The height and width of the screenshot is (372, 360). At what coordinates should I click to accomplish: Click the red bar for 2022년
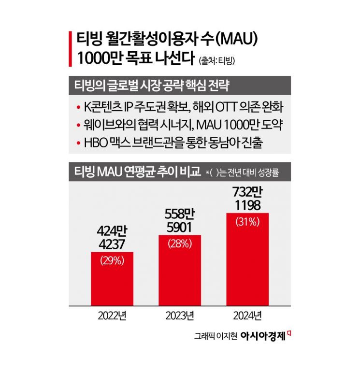[x=112, y=280]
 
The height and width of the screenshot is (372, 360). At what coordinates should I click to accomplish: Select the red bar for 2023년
[x=180, y=273]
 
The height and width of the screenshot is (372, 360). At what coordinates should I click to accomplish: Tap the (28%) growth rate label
[x=180, y=243]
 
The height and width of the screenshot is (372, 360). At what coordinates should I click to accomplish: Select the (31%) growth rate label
[x=247, y=222]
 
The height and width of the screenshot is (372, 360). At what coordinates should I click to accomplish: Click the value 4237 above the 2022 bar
[x=112, y=243]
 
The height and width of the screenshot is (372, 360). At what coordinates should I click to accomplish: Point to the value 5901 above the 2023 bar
[x=180, y=226]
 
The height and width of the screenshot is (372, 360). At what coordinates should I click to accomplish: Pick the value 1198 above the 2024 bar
[x=247, y=205]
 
